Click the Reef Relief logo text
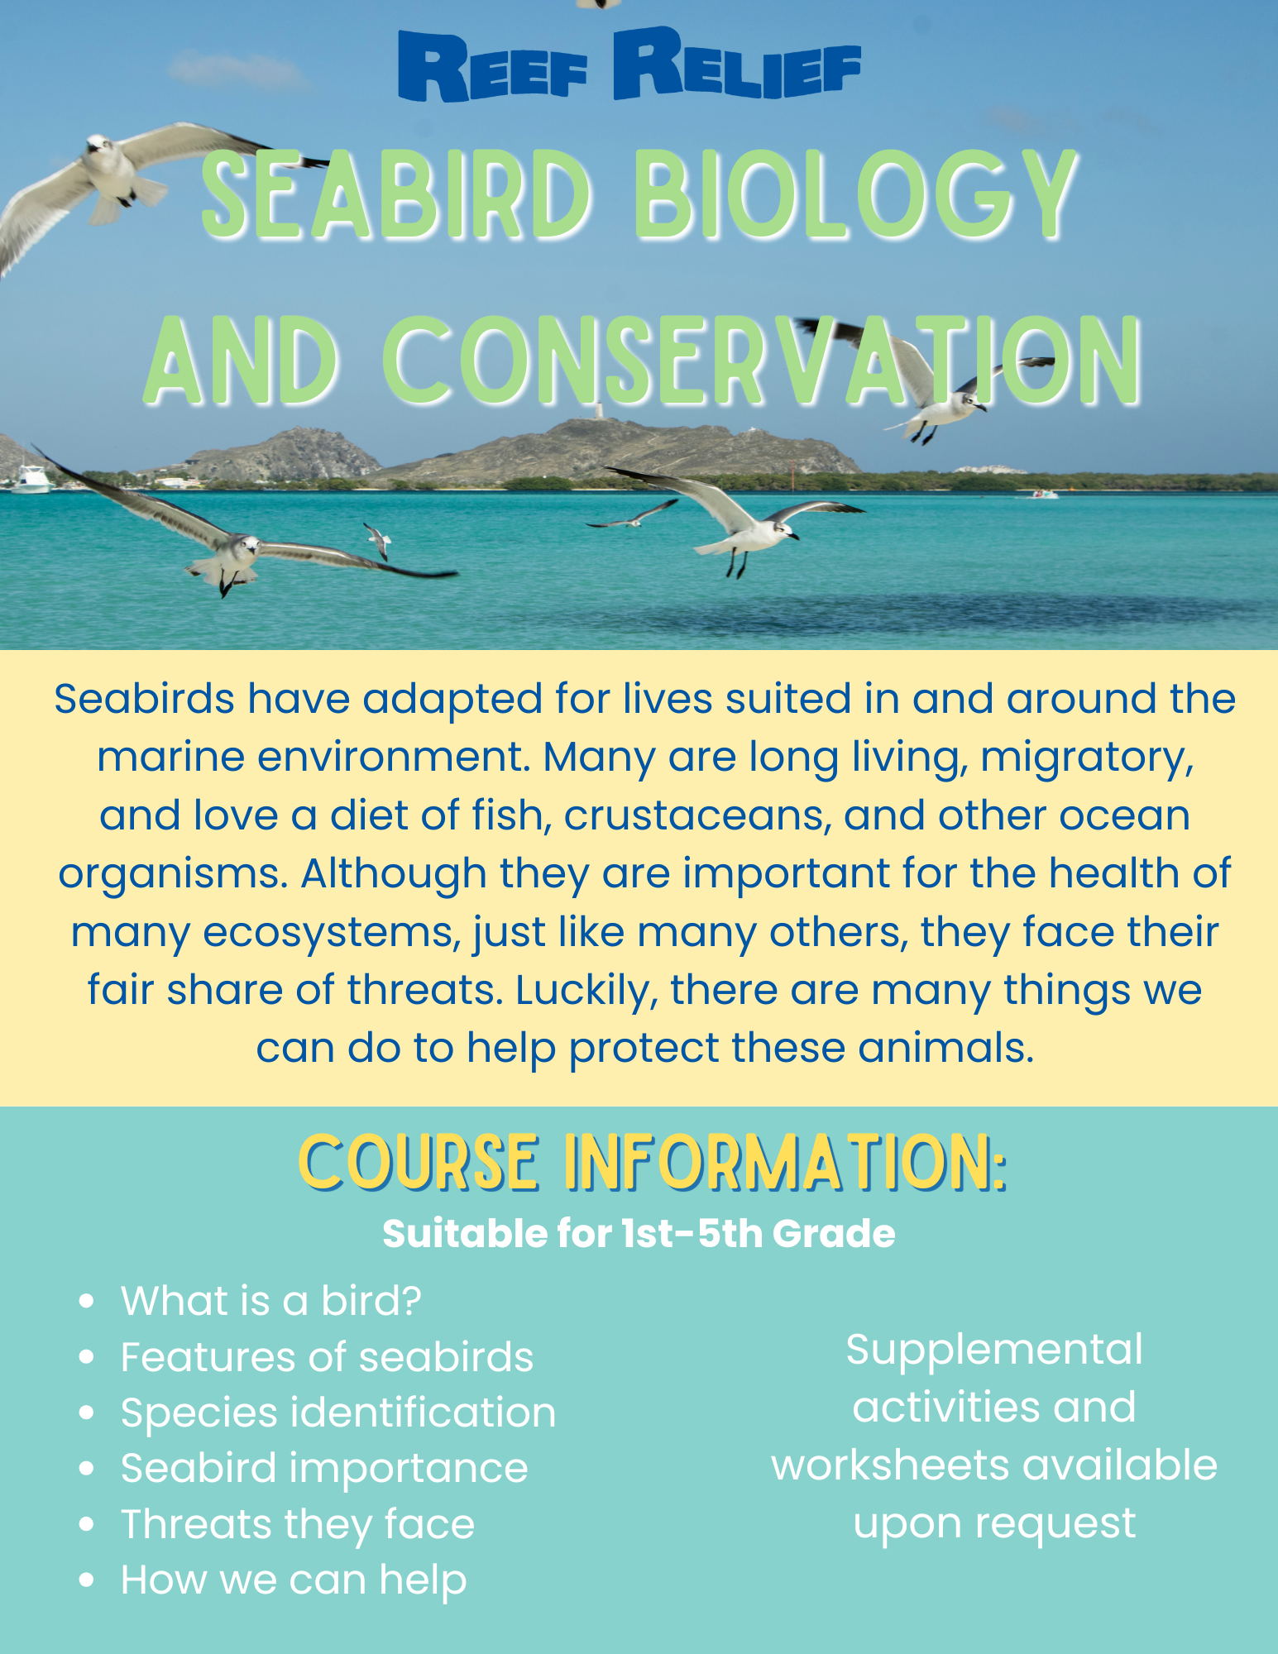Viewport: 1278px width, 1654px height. [629, 65]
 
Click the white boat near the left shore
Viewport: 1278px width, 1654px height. [31, 479]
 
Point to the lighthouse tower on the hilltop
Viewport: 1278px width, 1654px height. [599, 411]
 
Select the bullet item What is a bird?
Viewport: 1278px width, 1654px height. [271, 1301]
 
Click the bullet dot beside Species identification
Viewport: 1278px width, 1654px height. [86, 1413]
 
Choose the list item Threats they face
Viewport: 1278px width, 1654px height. [298, 1524]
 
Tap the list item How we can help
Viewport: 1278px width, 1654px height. [294, 1580]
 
